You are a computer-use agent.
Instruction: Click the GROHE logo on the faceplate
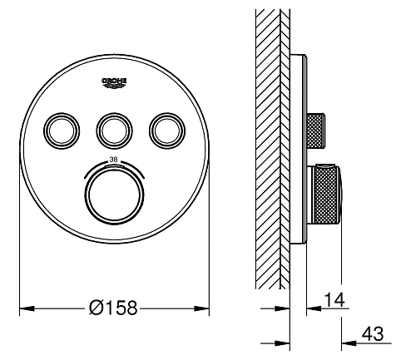coord(114,83)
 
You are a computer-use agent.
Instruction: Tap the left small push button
coord(62,131)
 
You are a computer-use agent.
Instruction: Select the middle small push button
coord(114,131)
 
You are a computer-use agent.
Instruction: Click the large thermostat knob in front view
coord(114,195)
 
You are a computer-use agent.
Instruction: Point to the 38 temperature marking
coord(113,160)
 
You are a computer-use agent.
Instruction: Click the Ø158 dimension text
coord(113,308)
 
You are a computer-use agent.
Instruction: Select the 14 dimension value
coord(334,299)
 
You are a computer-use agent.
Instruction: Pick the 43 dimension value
coord(373,333)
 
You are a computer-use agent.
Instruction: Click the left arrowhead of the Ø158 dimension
coord(27,308)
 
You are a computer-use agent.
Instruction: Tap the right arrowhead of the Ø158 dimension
coord(201,308)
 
